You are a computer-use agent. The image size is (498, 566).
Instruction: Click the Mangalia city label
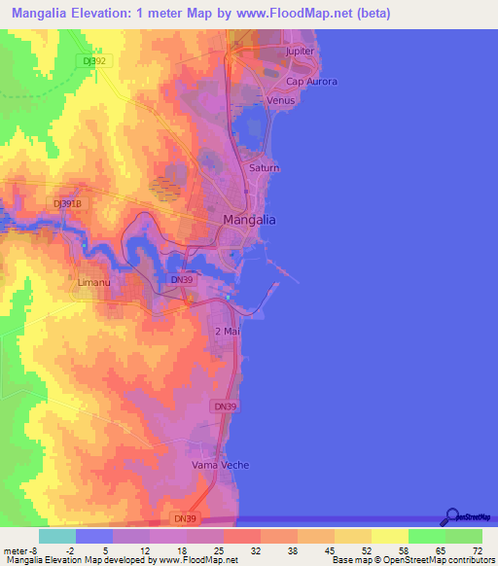249,220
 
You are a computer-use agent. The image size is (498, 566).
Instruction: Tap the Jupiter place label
302,51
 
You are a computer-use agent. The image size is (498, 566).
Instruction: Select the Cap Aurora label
311,83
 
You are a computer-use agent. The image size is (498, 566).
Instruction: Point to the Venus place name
280,100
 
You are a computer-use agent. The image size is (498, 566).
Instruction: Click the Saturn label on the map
264,168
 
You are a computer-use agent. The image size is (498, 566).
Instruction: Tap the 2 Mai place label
227,332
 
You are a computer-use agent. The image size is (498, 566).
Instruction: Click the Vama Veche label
220,465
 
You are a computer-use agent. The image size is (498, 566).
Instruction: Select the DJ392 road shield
95,60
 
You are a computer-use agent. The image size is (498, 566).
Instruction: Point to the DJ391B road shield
66,203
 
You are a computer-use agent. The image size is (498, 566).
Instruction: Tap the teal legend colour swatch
56,536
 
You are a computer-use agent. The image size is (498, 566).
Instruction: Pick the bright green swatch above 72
464,536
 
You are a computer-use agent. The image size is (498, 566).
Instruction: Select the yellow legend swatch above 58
390,536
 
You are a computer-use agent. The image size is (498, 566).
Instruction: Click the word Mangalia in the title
55,13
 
